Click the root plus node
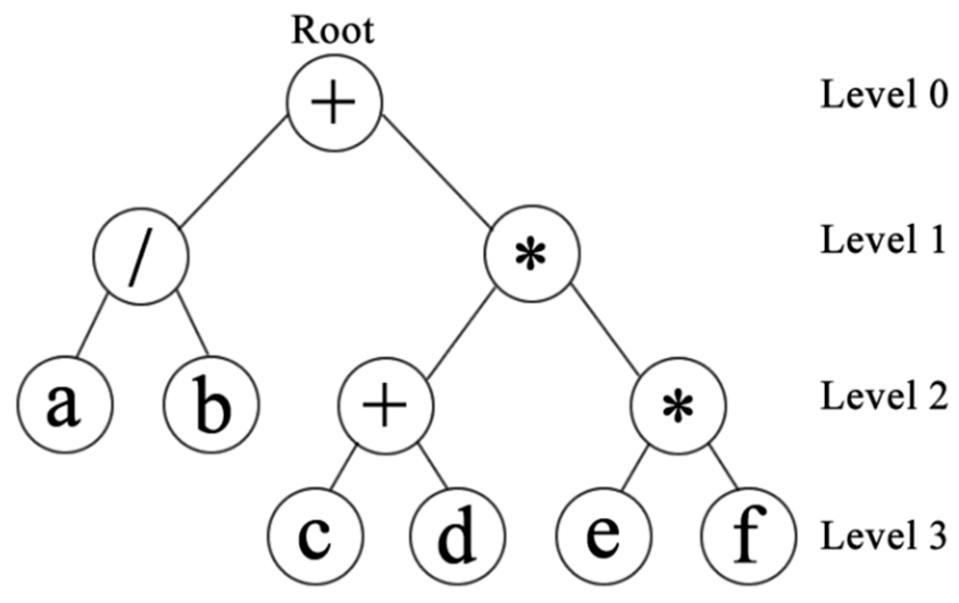pos(334,103)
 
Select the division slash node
pos(140,257)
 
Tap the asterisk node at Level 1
pos(532,254)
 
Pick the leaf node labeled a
pos(65,405)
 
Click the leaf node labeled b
pos(211,405)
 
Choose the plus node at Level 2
pos(386,405)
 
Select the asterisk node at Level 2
pos(678,405)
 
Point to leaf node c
pos(315,535)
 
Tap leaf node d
pos(458,535)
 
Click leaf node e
pos(604,535)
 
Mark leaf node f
pos(748,535)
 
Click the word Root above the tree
pos(333,31)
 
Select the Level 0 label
pos(883,94)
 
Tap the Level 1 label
pos(883,240)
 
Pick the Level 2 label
pos(883,396)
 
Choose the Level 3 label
pos(883,535)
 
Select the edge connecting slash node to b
pos(192,323)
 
